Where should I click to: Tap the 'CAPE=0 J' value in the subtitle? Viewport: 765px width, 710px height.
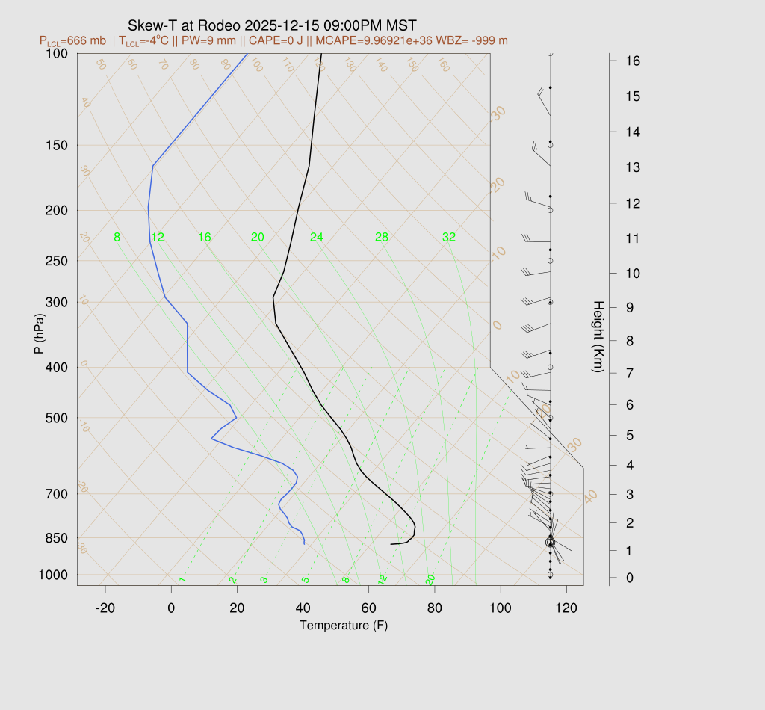[x=277, y=40]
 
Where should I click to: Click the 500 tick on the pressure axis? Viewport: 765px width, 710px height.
[x=57, y=418]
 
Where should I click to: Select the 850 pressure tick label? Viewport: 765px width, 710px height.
[x=57, y=538]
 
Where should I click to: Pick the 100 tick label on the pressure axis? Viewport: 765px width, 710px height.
[x=57, y=54]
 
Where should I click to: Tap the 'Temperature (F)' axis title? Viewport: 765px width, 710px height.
[x=344, y=625]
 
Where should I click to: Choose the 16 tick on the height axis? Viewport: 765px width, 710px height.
[x=632, y=61]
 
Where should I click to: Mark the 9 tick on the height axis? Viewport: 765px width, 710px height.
[x=632, y=307]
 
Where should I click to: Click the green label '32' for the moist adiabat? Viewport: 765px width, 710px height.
[x=449, y=238]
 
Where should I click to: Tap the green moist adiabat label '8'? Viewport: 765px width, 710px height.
[x=117, y=238]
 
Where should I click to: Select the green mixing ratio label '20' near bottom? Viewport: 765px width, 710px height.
[x=430, y=579]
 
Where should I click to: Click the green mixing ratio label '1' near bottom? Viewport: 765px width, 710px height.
[x=182, y=579]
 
